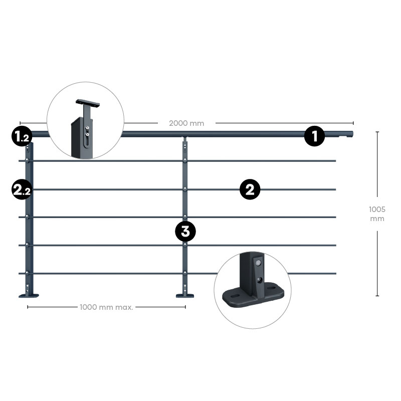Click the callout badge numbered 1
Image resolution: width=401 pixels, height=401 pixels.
314,136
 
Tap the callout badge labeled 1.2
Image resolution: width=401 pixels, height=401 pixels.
22,136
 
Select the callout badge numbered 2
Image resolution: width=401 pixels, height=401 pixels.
250,189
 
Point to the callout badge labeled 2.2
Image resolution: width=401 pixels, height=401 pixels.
22,189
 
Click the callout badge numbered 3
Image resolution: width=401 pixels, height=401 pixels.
185,232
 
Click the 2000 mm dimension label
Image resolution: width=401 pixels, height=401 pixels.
186,123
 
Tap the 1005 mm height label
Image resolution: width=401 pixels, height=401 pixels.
377,214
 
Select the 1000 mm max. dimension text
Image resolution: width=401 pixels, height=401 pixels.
106,307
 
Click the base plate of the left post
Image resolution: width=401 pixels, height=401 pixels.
29,296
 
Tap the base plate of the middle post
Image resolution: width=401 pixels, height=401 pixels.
184,296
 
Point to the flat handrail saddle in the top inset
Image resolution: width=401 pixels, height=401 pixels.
87,103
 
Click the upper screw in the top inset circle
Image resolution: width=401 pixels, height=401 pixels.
87,128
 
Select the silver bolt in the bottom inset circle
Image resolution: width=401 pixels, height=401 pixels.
258,263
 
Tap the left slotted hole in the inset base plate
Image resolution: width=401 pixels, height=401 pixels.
235,296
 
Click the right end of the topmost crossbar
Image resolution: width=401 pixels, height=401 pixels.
335,161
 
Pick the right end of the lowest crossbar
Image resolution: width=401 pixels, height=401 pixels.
335,273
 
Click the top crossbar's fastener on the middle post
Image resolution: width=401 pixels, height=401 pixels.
184,160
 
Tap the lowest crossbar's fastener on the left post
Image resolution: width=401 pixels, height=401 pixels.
27,273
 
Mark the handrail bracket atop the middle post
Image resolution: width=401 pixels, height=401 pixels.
184,139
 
